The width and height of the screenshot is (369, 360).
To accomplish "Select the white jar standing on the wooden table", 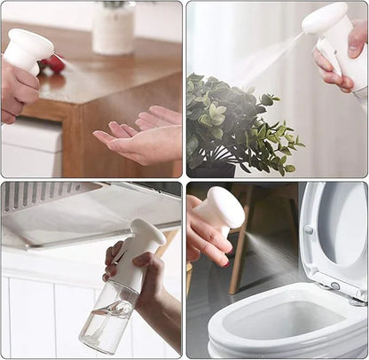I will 114,29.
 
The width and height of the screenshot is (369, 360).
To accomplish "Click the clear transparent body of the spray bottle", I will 108,315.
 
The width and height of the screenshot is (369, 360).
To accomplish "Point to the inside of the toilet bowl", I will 275,319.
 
